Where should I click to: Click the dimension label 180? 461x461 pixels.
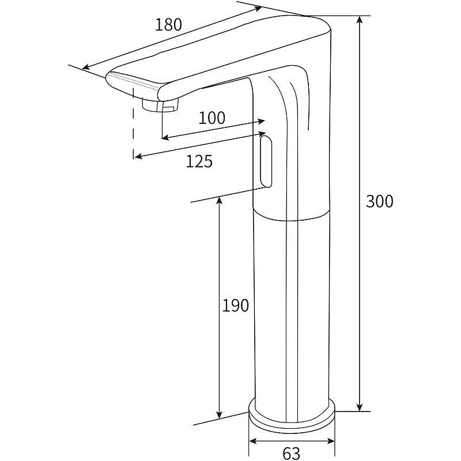(x=168, y=24)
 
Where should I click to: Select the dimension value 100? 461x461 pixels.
(x=212, y=118)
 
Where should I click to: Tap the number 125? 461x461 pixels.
(x=199, y=161)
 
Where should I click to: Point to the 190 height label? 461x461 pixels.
(x=235, y=305)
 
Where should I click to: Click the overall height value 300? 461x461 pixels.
(x=380, y=201)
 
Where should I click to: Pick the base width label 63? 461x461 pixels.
(x=292, y=453)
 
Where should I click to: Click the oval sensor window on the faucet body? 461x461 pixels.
(x=266, y=161)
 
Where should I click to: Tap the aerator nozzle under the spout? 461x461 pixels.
(x=160, y=104)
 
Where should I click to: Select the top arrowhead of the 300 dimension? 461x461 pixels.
(x=359, y=20)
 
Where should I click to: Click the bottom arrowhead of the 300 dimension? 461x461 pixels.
(x=359, y=407)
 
